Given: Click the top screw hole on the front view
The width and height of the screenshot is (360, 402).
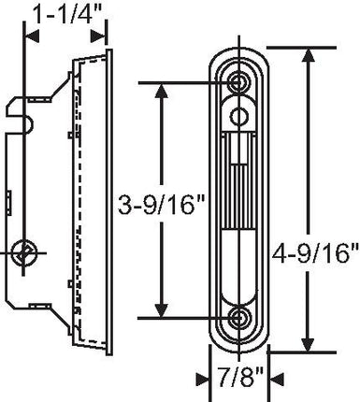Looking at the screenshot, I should click(241, 83).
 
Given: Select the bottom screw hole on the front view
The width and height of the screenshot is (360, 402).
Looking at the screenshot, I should click(241, 318).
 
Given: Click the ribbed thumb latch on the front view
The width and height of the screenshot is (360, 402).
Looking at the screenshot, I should click(240, 178).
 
